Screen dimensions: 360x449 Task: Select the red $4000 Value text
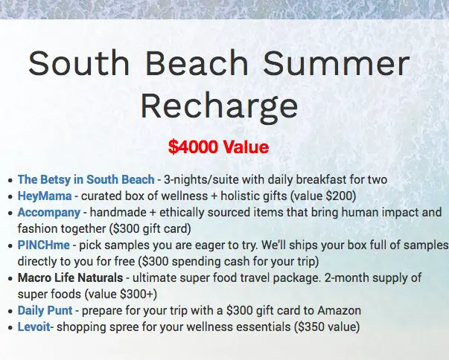tap(218, 147)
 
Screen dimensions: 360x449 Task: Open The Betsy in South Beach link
tap(86, 179)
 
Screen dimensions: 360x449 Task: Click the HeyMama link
tap(45, 196)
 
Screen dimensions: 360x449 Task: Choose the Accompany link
tap(49, 212)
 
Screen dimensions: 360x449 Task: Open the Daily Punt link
tap(46, 310)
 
